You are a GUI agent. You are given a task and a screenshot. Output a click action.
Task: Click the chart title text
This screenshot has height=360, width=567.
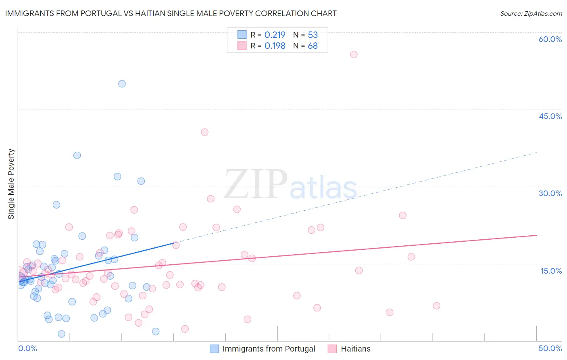coord(171,13)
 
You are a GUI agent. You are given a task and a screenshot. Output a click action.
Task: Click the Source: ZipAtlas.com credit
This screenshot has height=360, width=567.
coord(531,13)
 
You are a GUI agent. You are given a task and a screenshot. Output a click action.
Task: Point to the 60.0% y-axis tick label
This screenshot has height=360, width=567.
coord(550,39)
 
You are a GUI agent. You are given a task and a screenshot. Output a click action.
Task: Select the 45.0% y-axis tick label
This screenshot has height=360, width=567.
coord(550,116)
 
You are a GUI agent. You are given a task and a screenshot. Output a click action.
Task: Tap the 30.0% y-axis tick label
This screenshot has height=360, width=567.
coord(550,193)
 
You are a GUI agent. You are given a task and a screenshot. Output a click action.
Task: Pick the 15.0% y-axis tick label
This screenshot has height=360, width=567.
coord(551,270)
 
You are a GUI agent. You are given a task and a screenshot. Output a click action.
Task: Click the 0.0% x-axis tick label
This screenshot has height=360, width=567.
coord(27,348)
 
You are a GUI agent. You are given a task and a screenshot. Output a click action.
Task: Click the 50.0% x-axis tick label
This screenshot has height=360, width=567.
coord(550,348)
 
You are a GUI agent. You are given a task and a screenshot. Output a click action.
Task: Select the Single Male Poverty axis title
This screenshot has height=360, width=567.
coord(11,184)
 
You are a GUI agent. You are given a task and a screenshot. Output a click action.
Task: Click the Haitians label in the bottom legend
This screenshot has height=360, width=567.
coord(355,349)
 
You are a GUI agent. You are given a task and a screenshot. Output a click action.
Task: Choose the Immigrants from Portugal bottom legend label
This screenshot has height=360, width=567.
coord(269,349)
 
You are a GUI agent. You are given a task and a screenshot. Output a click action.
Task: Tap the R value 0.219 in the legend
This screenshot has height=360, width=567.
coord(275,35)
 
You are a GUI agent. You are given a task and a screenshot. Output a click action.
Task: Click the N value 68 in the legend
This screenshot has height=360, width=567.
coord(313,46)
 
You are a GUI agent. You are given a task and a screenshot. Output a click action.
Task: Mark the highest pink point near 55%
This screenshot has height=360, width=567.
coord(354,54)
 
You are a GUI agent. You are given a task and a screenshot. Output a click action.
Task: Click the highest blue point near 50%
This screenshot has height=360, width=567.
coord(122,84)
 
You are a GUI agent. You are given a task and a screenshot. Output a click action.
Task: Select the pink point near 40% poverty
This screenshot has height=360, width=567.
coord(204,132)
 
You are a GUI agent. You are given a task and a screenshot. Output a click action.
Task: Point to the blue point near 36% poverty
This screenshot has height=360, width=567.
coord(77,155)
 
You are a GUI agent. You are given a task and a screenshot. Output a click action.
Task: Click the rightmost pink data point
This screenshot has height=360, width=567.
coord(436,306)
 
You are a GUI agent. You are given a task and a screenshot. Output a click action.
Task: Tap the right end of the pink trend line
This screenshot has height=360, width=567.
coord(536,235)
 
